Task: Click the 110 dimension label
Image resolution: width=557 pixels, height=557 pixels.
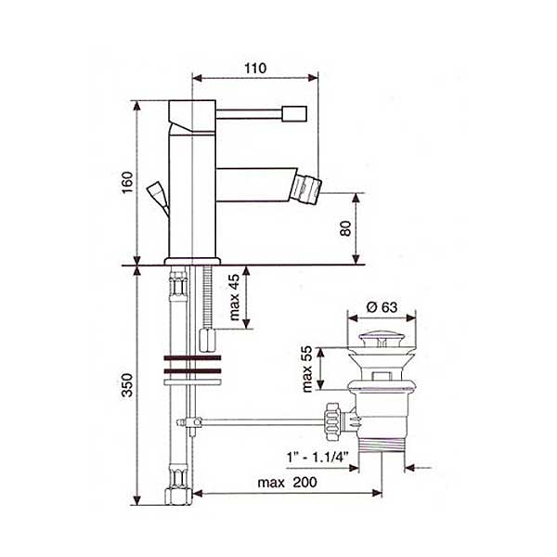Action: coord(255,68)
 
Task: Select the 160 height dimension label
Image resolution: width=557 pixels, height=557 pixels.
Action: coord(127,182)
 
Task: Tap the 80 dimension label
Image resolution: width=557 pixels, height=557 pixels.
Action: coord(345,228)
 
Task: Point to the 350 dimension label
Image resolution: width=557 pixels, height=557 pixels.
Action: coord(127,384)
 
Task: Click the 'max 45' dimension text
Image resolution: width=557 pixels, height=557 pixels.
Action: coord(235,298)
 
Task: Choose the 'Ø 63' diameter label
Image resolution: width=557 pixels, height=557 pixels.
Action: coord(382,307)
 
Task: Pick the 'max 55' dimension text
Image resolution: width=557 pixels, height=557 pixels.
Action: coord(306,369)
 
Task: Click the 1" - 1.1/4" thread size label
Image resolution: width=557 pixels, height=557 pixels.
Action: coord(317,457)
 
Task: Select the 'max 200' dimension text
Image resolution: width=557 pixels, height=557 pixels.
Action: coord(287,483)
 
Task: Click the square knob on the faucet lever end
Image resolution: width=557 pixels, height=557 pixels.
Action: coord(294,113)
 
